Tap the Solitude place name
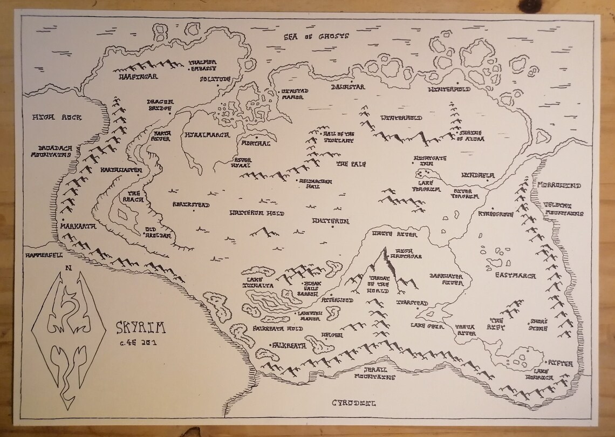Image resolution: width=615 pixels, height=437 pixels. [215, 79]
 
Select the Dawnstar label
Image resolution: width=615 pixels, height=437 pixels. [348, 87]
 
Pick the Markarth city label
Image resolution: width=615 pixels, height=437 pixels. [78, 227]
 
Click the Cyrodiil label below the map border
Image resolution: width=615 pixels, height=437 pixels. [353, 403]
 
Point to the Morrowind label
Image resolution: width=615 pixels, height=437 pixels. [558, 186]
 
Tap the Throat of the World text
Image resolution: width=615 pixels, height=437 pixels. [378, 285]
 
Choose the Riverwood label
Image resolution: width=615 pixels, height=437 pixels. [338, 299]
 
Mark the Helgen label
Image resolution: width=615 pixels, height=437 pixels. [332, 335]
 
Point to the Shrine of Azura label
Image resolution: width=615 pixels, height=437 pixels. [471, 135]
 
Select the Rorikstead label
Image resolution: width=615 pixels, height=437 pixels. [191, 205]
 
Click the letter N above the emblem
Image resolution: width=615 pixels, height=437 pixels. [67, 267]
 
